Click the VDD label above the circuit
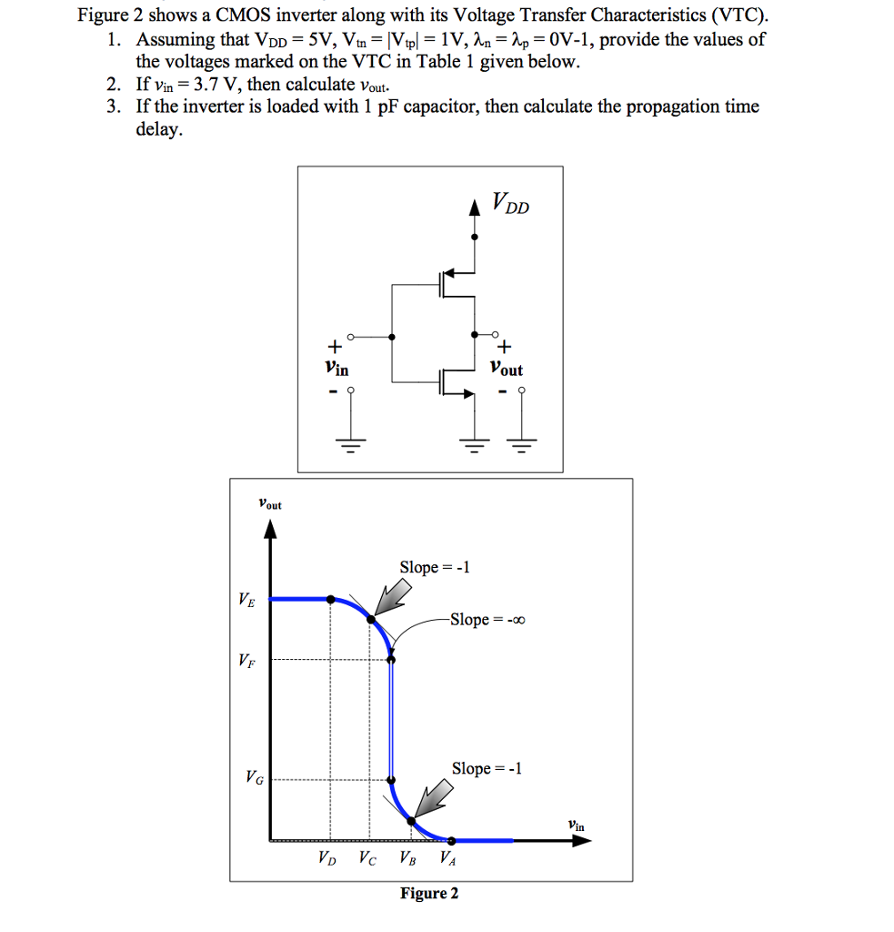click(509, 203)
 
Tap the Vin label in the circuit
click(336, 370)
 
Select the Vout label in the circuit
click(506, 370)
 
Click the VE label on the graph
click(246, 600)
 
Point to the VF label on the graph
click(246, 661)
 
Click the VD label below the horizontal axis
click(326, 857)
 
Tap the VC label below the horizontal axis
click(366, 857)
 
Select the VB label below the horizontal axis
click(406, 857)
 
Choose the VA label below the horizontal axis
click(447, 857)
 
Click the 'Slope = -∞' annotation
click(487, 620)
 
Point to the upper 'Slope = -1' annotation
click(435, 567)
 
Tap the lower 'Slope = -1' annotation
click(487, 768)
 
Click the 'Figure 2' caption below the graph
click(429, 893)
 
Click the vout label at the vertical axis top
click(269, 503)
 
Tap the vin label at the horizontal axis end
click(576, 826)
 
